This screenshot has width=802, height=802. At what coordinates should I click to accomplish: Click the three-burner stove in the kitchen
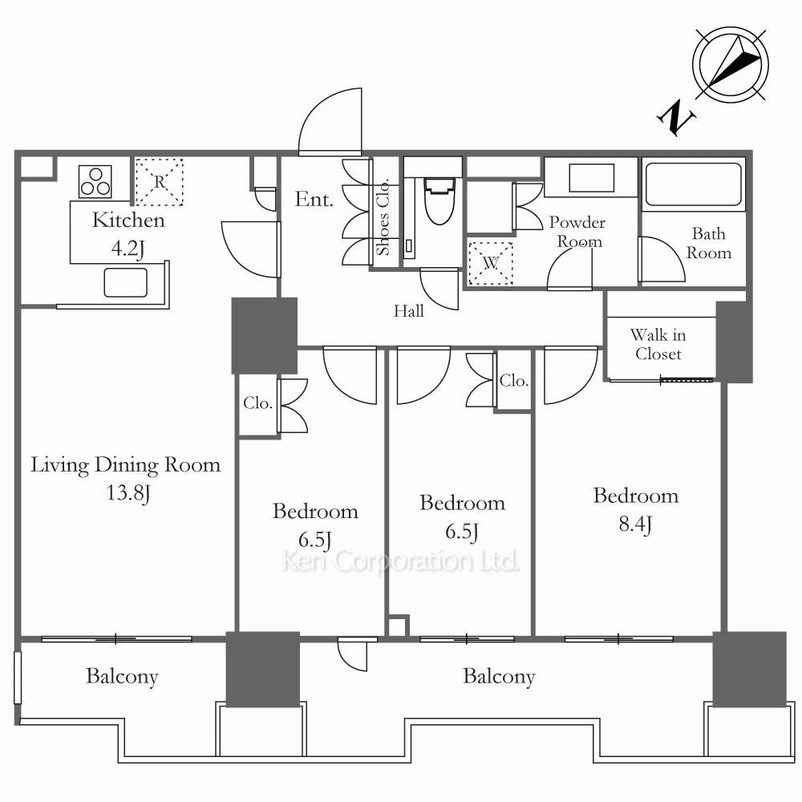click(x=95, y=181)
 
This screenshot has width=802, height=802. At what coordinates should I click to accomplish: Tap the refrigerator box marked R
click(x=159, y=182)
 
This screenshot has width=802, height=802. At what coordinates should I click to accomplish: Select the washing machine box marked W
click(x=491, y=263)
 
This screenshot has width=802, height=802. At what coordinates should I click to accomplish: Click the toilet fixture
click(x=439, y=201)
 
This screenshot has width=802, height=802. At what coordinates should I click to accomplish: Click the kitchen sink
click(x=126, y=282)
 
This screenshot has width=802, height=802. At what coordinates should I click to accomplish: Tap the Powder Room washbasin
click(x=591, y=178)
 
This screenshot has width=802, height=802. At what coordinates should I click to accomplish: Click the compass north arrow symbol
click(x=731, y=64)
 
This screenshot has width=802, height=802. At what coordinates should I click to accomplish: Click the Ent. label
click(x=314, y=199)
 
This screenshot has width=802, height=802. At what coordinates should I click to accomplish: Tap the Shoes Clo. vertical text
click(x=383, y=217)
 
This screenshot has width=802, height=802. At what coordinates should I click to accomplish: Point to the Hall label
click(x=409, y=311)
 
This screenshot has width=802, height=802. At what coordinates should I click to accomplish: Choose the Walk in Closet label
click(x=658, y=344)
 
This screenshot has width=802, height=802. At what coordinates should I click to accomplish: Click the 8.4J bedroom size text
click(x=634, y=525)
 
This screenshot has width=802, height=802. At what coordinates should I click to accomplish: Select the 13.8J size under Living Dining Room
click(x=128, y=493)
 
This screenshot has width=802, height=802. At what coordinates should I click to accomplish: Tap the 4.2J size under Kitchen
click(x=128, y=249)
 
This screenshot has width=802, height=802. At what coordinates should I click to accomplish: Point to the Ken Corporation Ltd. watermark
click(x=400, y=561)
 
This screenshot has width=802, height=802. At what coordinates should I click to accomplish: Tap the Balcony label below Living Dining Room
click(x=122, y=677)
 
